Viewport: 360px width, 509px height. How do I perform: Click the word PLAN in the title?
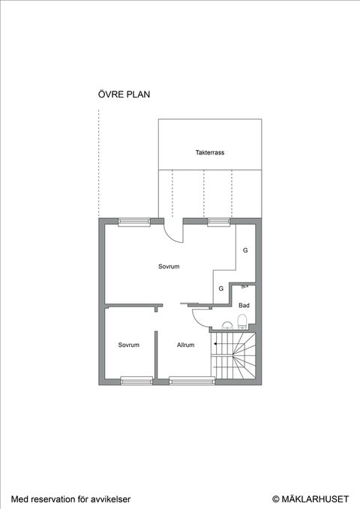(x=138, y=94)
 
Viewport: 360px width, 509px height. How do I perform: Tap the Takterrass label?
(x=210, y=152)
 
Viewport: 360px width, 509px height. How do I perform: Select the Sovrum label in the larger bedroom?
(x=169, y=267)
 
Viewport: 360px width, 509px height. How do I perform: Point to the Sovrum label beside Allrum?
(x=129, y=345)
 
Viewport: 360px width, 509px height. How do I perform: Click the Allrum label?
(x=185, y=345)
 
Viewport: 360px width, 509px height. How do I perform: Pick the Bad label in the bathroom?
(x=244, y=305)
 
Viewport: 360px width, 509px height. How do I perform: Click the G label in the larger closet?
(x=245, y=250)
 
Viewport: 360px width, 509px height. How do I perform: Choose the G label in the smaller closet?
(x=221, y=289)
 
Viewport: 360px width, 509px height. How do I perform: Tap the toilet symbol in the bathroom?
(x=242, y=322)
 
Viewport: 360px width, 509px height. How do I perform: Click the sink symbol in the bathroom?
(x=228, y=325)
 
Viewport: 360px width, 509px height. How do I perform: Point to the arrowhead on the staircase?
(x=215, y=343)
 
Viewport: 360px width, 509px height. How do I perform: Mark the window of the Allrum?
(x=192, y=381)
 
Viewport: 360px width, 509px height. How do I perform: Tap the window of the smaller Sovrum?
(x=136, y=381)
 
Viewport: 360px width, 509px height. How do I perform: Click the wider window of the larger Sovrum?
(x=134, y=222)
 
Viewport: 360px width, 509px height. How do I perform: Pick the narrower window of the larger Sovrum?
(x=219, y=222)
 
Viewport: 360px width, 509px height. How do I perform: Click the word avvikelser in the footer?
(x=109, y=499)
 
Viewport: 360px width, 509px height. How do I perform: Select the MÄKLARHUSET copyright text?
(x=310, y=499)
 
